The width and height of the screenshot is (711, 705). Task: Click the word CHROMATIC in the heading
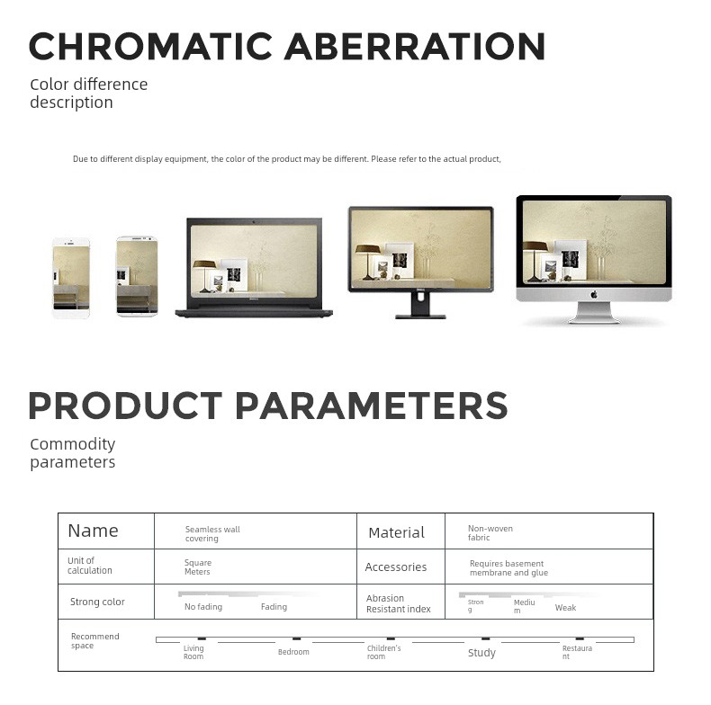coord(150,46)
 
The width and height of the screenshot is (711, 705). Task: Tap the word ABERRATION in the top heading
coord(414,46)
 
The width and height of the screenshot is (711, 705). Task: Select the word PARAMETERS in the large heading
coord(372,406)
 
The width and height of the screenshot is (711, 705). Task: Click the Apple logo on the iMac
coord(594,295)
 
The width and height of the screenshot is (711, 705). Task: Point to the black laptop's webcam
coord(254,222)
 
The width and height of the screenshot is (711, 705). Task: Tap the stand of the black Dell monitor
coord(421,305)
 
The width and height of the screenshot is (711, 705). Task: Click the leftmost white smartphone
coord(71,278)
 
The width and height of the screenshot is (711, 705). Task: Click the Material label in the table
coord(396,532)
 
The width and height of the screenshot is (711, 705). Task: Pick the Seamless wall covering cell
coord(212,534)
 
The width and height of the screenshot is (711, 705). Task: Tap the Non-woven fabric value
coord(490,533)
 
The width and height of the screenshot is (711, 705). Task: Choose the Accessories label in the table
coord(395,567)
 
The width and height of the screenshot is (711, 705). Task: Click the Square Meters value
coord(198,567)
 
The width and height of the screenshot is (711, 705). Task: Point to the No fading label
coord(203,607)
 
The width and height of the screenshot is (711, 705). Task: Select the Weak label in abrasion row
coord(565,608)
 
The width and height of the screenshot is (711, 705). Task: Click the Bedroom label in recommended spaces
coord(293,652)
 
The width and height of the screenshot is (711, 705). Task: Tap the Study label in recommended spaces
coord(481,653)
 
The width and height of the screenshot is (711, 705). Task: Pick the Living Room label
coord(193,653)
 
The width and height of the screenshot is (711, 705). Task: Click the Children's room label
coord(383,653)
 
